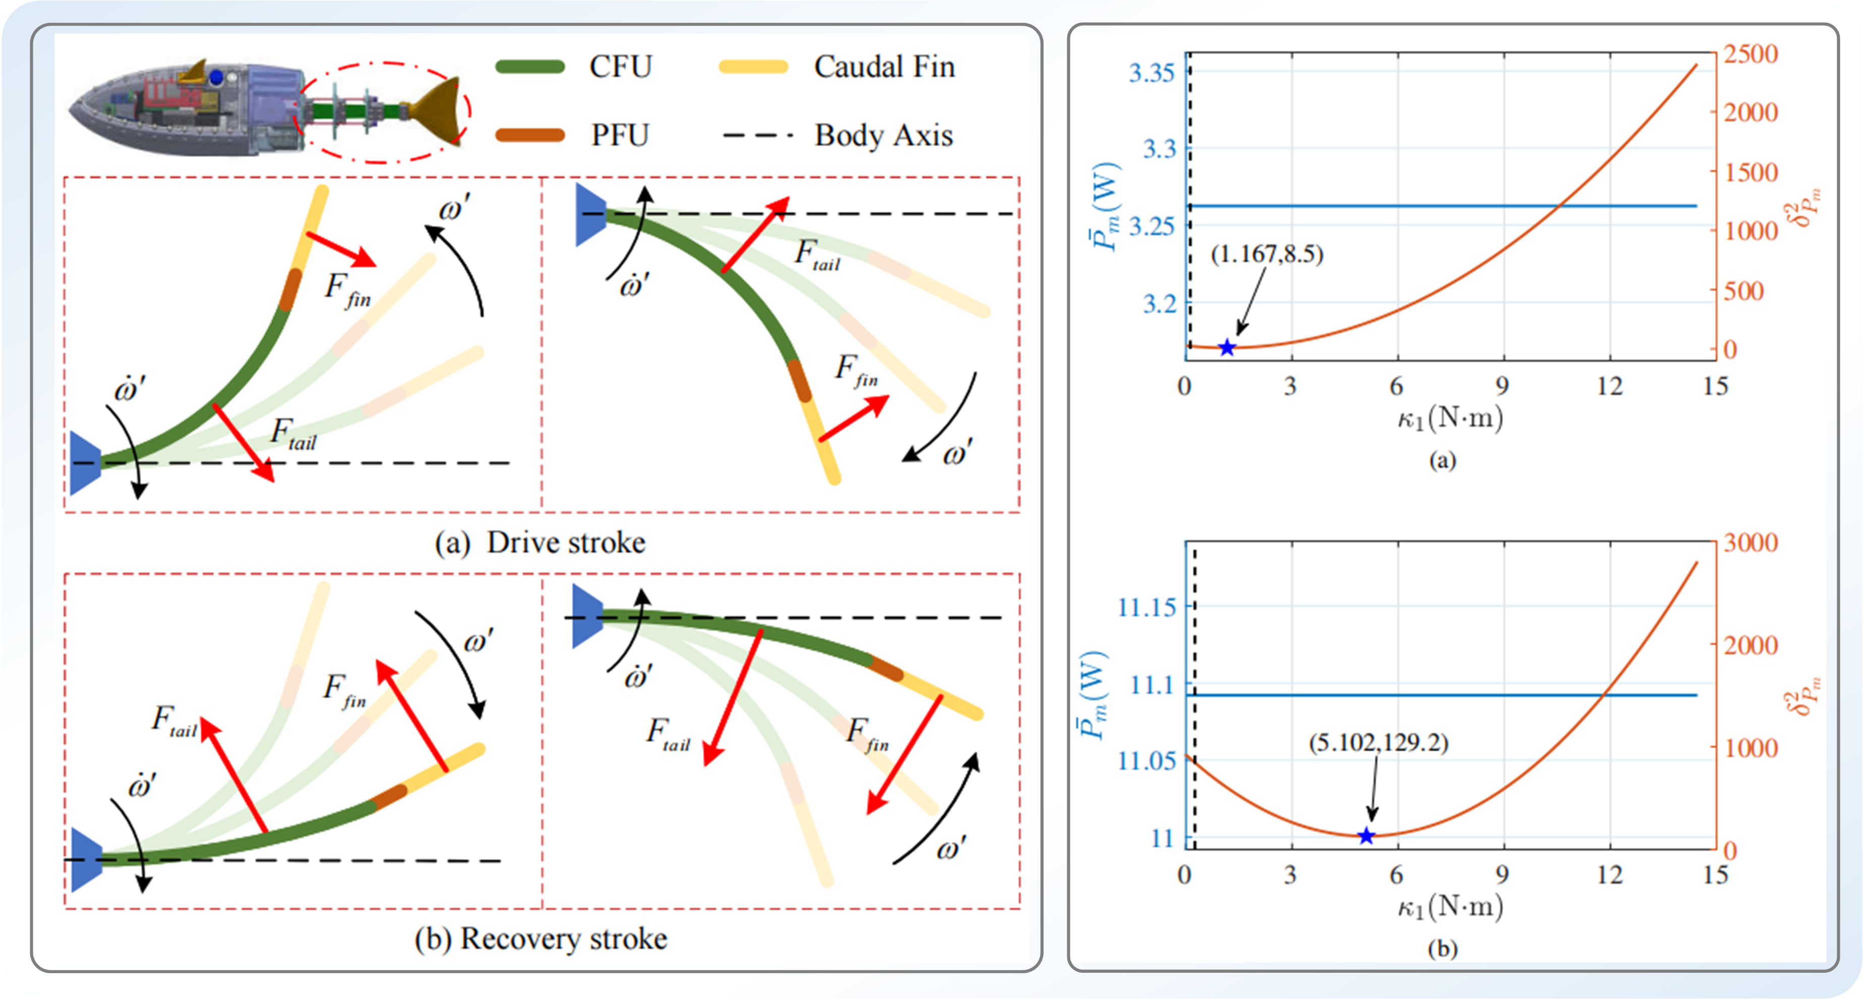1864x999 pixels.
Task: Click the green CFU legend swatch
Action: point(530,67)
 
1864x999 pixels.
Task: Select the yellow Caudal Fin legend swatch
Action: point(752,67)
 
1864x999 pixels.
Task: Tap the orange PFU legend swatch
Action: point(530,135)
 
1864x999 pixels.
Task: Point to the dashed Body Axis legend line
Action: point(757,135)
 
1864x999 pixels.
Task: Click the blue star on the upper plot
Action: point(1227,348)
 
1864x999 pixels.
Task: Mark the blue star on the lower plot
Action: point(1365,836)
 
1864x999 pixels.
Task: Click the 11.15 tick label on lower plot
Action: point(1147,607)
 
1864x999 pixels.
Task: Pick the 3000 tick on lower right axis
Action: point(1750,543)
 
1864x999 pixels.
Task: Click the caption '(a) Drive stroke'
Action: point(540,543)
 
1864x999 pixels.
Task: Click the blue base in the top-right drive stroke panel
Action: point(590,215)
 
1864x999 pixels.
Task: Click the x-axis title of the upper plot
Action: point(1449,418)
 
